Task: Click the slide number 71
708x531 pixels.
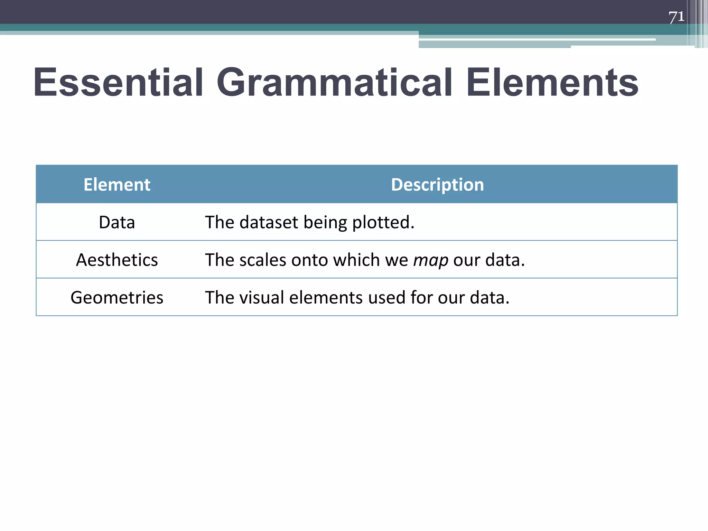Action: click(676, 17)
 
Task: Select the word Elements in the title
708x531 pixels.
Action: click(552, 83)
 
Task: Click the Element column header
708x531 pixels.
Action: click(117, 185)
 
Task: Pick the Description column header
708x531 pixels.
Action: click(437, 185)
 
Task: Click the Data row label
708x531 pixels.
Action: click(117, 222)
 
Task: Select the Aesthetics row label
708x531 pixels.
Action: click(117, 260)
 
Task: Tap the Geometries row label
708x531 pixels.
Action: click(117, 298)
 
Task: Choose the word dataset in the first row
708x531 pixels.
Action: click(269, 222)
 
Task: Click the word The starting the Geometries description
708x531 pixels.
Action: click(220, 298)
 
